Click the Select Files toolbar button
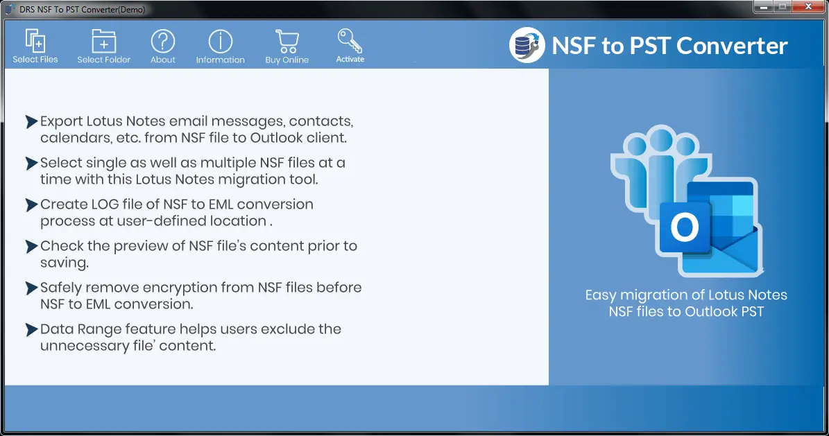[35, 46]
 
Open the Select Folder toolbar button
[103, 46]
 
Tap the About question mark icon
[163, 41]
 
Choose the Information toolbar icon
[221, 41]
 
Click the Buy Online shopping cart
[287, 41]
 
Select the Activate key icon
[350, 40]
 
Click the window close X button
[808, 7]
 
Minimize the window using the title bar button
[763, 7]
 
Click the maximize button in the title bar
[783, 7]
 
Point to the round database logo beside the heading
[527, 46]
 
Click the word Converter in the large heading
[733, 46]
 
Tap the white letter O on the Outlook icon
[685, 227]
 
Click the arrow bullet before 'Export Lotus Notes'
[31, 121]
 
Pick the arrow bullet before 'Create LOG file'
[31, 204]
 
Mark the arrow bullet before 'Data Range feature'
[31, 329]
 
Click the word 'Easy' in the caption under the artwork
[600, 295]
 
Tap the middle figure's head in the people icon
[661, 139]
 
